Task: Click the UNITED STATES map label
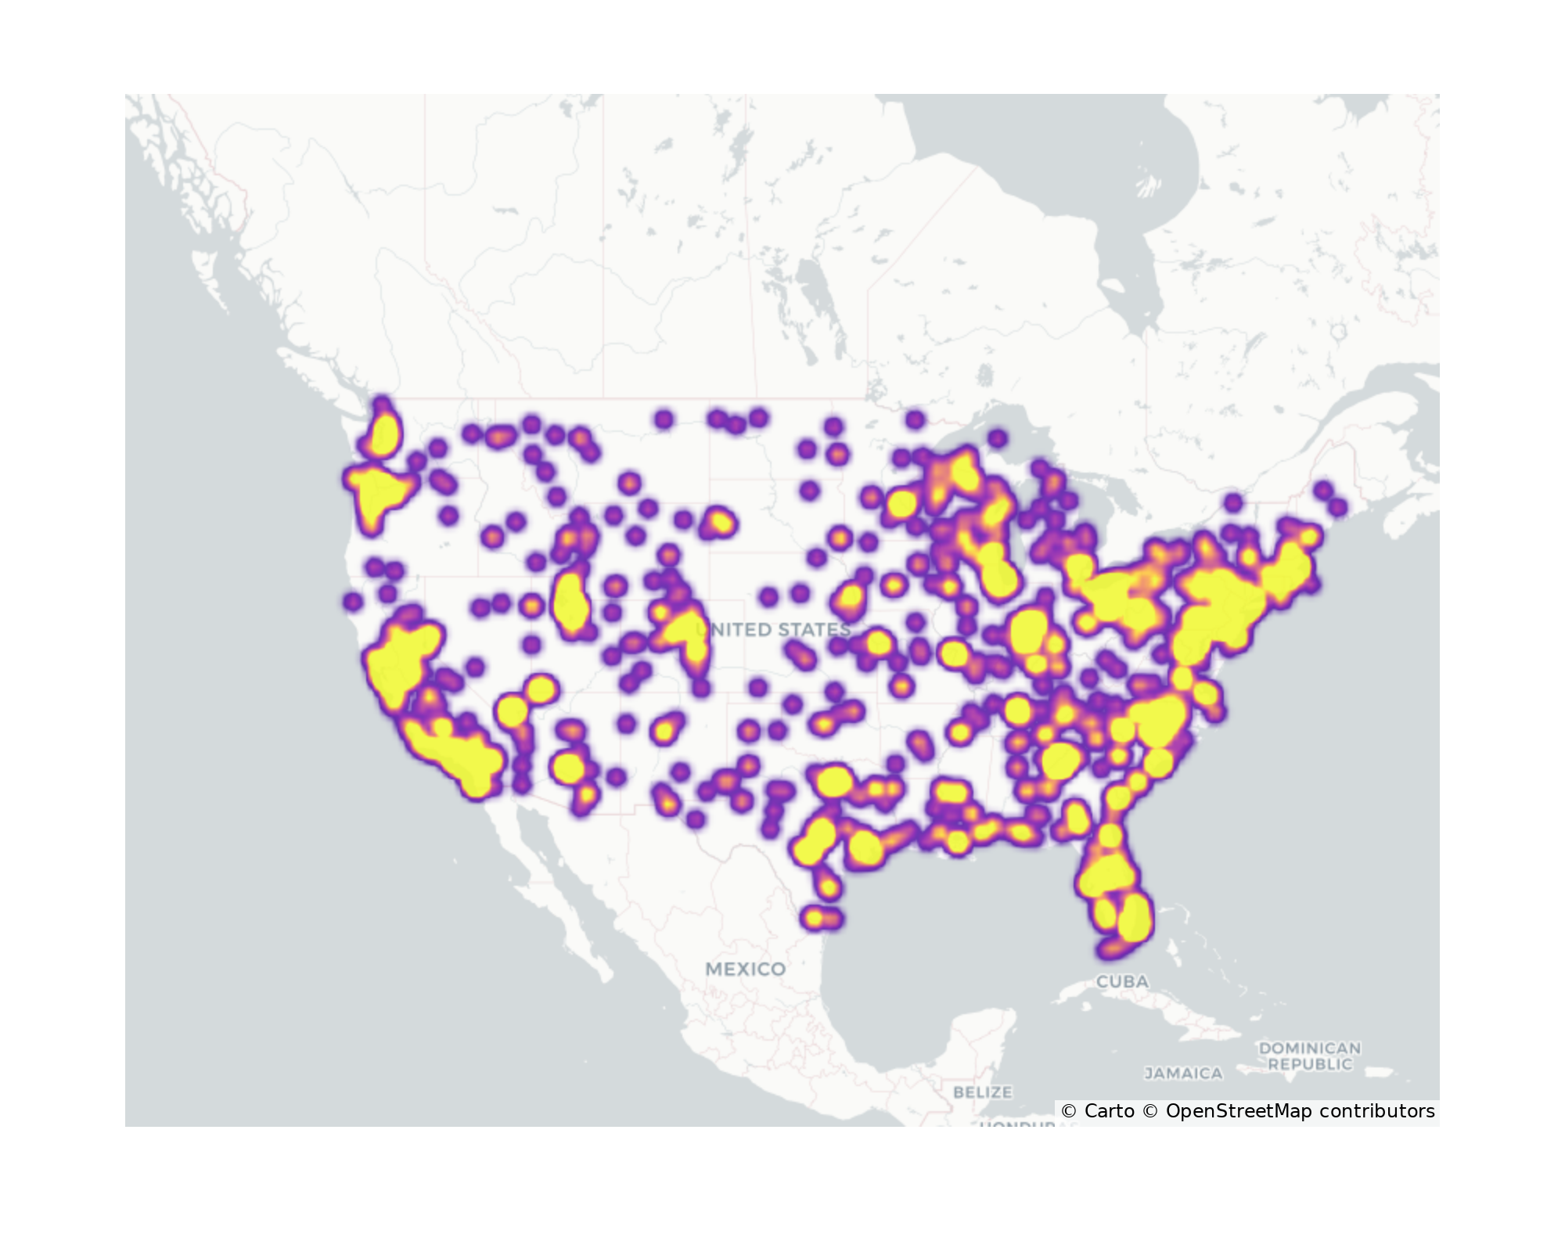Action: (773, 630)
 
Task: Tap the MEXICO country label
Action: (745, 970)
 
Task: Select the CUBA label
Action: (1122, 981)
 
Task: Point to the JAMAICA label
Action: (1183, 1074)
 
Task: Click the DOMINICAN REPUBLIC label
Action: (1310, 1056)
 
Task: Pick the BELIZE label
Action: (983, 1092)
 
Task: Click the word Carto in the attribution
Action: (1109, 1111)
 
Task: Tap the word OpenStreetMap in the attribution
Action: (1239, 1111)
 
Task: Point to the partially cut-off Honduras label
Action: (1017, 1124)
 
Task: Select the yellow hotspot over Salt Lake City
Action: (570, 603)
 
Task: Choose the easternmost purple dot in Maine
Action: (1338, 507)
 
